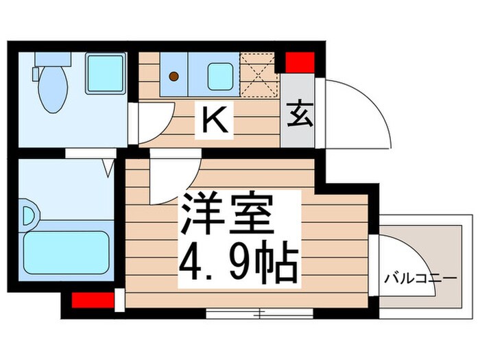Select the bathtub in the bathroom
pos(67,251)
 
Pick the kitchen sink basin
pos(219,76)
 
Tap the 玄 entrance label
pos(298,114)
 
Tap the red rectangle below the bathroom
pos(92,300)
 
